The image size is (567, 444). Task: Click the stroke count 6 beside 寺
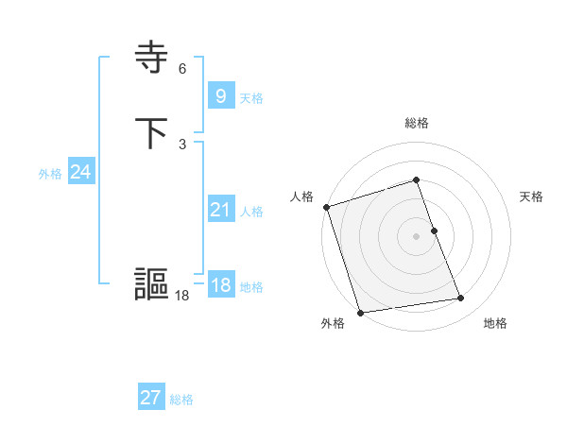(x=182, y=69)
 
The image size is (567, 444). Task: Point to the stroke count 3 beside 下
(x=182, y=144)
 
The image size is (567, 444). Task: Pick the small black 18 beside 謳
(x=182, y=295)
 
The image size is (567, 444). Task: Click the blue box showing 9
(x=220, y=96)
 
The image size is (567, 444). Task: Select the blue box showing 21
(x=220, y=210)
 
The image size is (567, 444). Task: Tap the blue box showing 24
(x=81, y=172)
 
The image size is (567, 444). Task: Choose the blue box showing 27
(x=151, y=398)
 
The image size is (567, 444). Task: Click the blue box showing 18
(x=220, y=285)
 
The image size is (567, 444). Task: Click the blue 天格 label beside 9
(x=251, y=98)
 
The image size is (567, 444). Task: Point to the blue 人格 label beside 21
(x=251, y=212)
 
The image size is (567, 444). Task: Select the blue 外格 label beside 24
(x=50, y=174)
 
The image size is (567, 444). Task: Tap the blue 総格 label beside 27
(x=181, y=400)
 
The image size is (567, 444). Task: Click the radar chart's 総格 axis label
(x=417, y=123)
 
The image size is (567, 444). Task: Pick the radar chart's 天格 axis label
(x=532, y=196)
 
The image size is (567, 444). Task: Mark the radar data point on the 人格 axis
(x=326, y=207)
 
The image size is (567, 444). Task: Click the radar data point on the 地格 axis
(x=461, y=299)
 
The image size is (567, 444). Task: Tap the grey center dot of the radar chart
(x=417, y=236)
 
